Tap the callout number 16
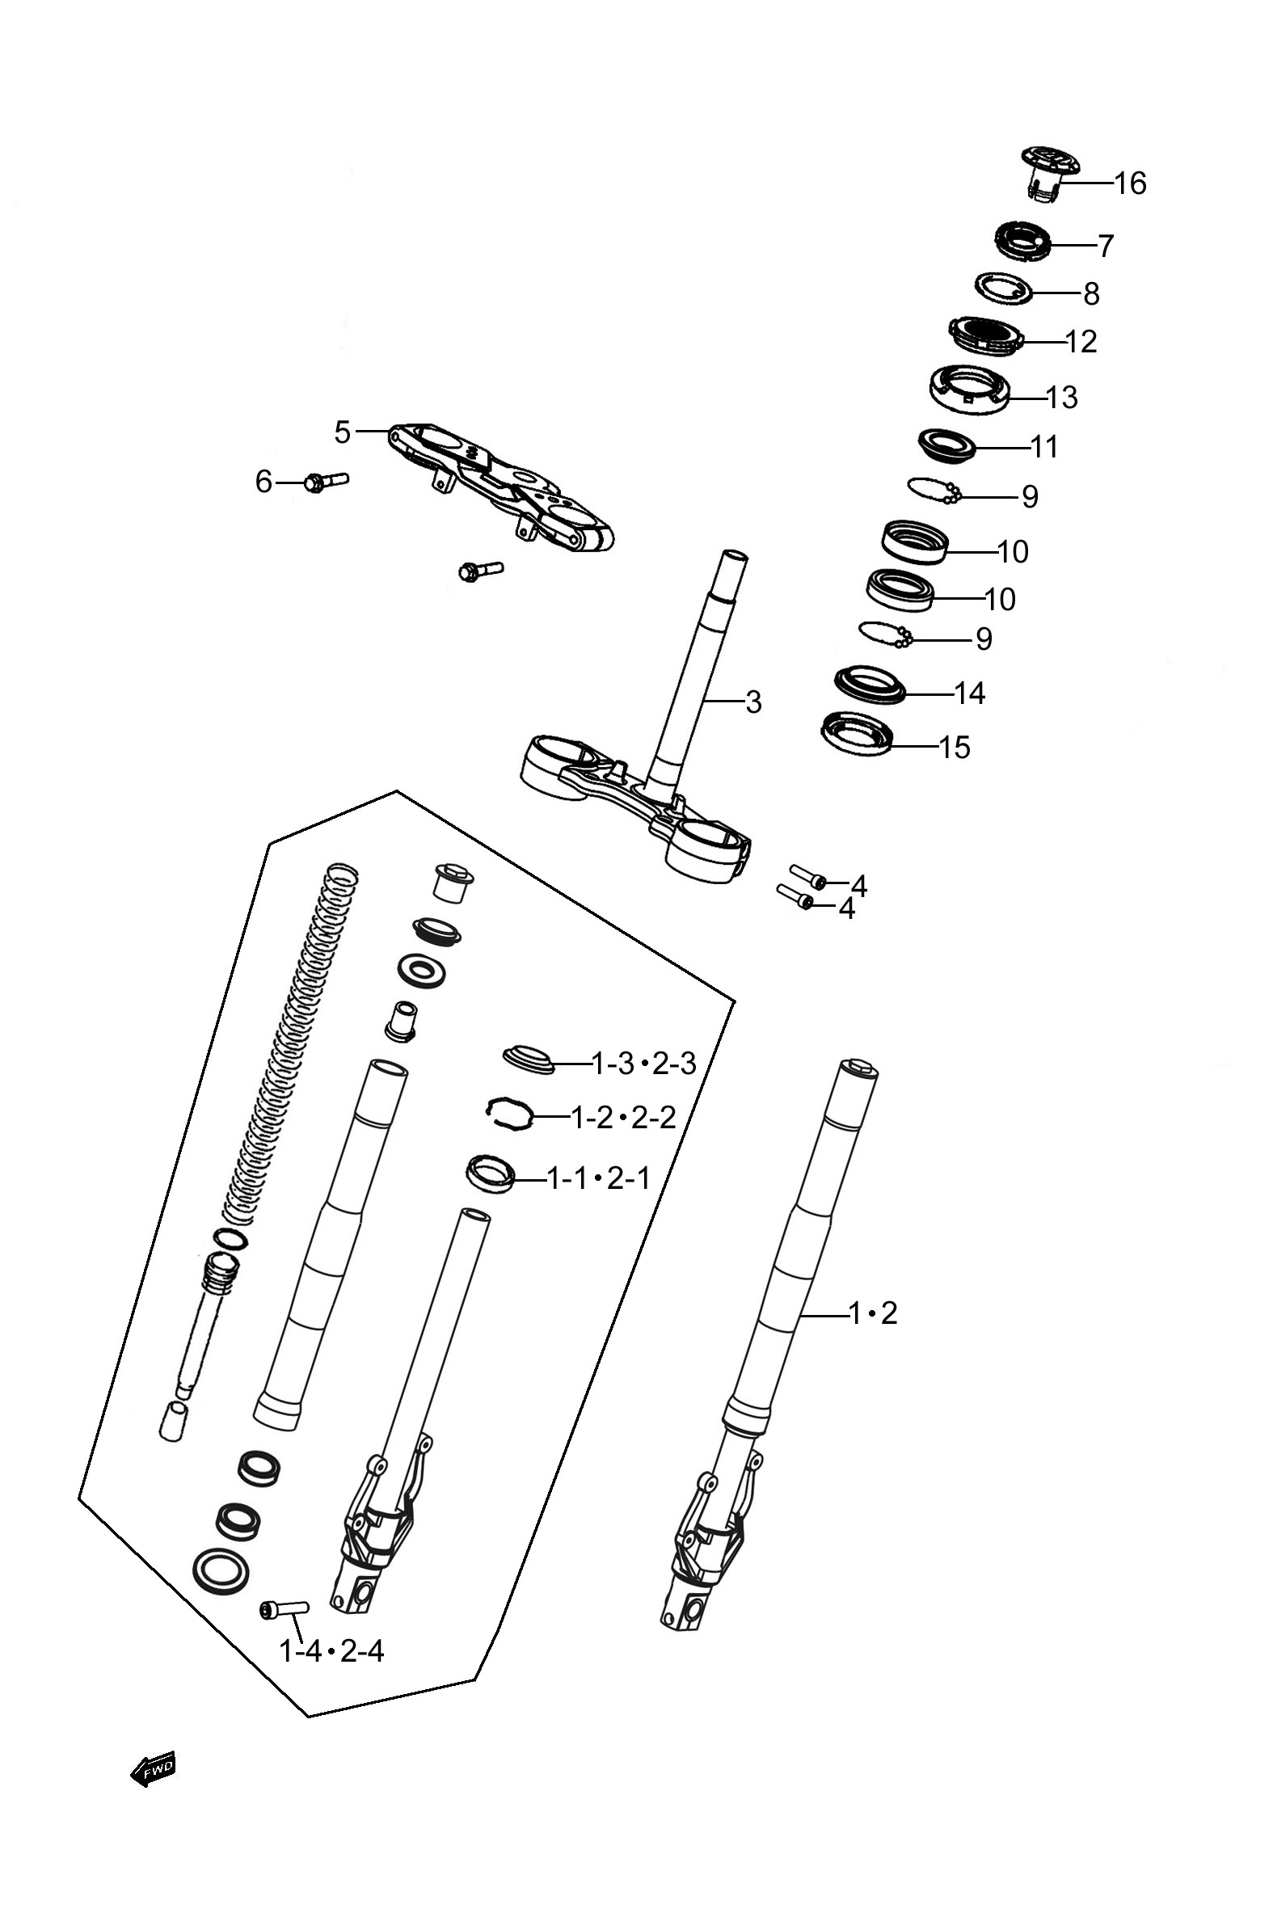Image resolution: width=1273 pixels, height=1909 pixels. (x=1129, y=183)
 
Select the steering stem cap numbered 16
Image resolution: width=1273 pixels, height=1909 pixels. (x=1050, y=172)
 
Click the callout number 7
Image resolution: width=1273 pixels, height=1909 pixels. (x=1105, y=246)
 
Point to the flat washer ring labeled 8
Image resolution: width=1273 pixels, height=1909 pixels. (x=1004, y=289)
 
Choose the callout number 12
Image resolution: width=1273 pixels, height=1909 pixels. (x=1080, y=342)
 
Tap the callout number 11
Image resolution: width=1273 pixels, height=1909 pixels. (x=1044, y=447)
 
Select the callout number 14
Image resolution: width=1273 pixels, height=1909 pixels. (x=968, y=693)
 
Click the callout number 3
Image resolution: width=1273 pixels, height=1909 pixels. (x=753, y=702)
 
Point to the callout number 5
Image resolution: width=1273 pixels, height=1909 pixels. (x=342, y=432)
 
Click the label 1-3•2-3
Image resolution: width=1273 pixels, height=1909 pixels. (x=645, y=1064)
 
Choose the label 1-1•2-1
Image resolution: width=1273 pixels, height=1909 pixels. (x=599, y=1178)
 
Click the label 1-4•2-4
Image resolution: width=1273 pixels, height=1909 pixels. (x=331, y=1651)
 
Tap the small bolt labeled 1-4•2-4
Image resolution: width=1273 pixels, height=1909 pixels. (x=285, y=1608)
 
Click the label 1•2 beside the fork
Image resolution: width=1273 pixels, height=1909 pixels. (x=874, y=1313)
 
